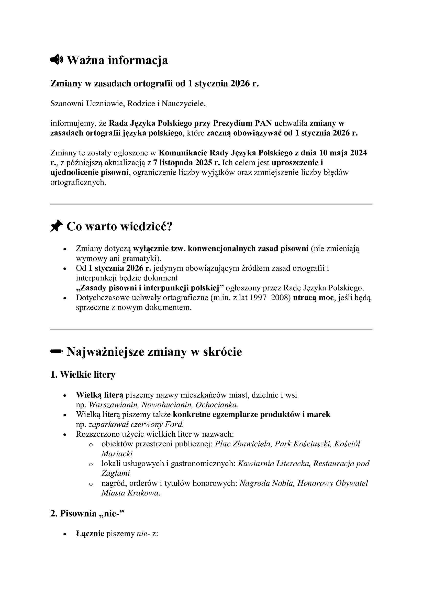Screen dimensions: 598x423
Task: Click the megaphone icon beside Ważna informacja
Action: [56, 60]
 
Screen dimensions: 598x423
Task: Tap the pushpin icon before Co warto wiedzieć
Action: [57, 226]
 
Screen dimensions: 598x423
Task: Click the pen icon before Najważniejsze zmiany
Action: [57, 351]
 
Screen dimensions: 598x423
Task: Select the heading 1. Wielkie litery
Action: [83, 375]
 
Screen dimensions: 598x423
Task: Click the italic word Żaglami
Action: [116, 473]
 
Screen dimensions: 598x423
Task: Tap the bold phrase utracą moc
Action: [313, 298]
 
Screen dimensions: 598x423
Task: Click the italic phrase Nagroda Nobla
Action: [267, 483]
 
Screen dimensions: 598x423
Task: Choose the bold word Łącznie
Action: [90, 534]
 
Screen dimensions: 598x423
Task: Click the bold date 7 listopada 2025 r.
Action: [186, 163]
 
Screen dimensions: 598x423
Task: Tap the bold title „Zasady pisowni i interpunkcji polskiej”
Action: [150, 288]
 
